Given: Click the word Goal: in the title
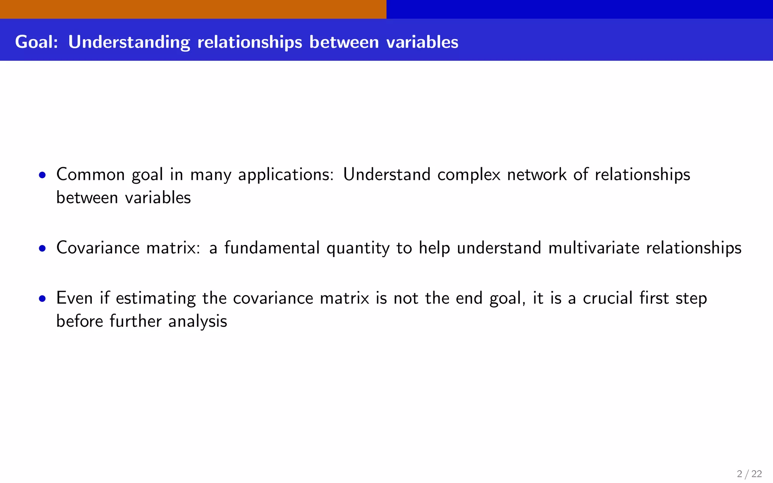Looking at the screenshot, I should [x=37, y=42].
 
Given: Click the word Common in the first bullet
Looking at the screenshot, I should [x=91, y=175].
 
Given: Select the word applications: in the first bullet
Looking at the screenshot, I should [x=286, y=175].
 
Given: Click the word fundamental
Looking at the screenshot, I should [x=272, y=248].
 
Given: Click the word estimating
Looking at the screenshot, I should [x=156, y=298].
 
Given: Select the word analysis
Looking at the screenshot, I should [x=197, y=321].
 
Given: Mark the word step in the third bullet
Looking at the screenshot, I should [x=691, y=298].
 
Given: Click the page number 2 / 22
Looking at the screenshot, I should [x=749, y=474].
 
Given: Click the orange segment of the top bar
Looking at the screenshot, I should [x=193, y=9].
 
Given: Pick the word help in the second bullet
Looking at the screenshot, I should [x=434, y=248].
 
